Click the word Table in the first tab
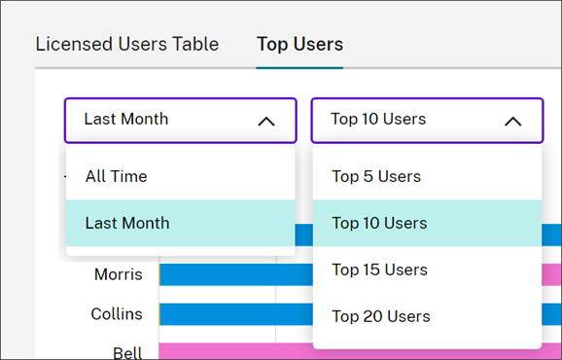[x=197, y=44]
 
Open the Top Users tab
[x=299, y=44]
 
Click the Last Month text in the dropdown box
[x=125, y=119]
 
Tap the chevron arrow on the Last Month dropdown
[x=265, y=121]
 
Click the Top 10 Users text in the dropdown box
[x=378, y=119]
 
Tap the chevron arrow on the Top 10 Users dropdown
[x=512, y=121]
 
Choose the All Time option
[x=116, y=176]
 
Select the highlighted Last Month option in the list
[x=127, y=223]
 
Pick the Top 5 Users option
[x=376, y=176]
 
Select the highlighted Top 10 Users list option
[x=379, y=223]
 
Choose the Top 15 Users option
[x=380, y=270]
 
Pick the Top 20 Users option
[x=380, y=316]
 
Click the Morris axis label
[x=119, y=274]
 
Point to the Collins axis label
[x=117, y=314]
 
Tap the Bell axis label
[x=127, y=351]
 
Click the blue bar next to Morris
[x=233, y=274]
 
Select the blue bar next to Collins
[x=233, y=314]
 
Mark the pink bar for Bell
[x=233, y=351]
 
